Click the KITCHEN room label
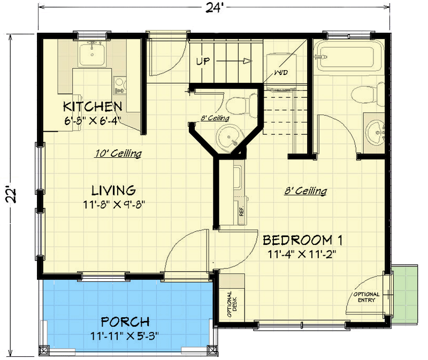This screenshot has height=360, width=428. click(93, 106)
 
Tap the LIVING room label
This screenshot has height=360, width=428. click(113, 190)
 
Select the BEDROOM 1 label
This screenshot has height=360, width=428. click(302, 240)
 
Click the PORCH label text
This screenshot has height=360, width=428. click(125, 322)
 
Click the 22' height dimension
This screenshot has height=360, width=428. click(11, 195)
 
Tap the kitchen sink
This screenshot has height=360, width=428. click(92, 55)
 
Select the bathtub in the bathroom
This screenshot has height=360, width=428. click(347, 57)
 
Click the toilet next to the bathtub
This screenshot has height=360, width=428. click(368, 95)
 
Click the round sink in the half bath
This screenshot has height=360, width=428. click(229, 139)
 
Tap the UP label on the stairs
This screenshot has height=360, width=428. click(203, 61)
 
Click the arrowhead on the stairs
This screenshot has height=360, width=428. click(248, 61)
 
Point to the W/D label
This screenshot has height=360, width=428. click(281, 73)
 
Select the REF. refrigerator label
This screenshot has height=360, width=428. click(241, 211)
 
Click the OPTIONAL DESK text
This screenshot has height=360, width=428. click(232, 304)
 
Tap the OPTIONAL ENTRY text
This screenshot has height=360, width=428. click(366, 297)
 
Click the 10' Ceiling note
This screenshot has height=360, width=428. click(118, 154)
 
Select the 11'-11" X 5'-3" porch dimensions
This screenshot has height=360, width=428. click(125, 336)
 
